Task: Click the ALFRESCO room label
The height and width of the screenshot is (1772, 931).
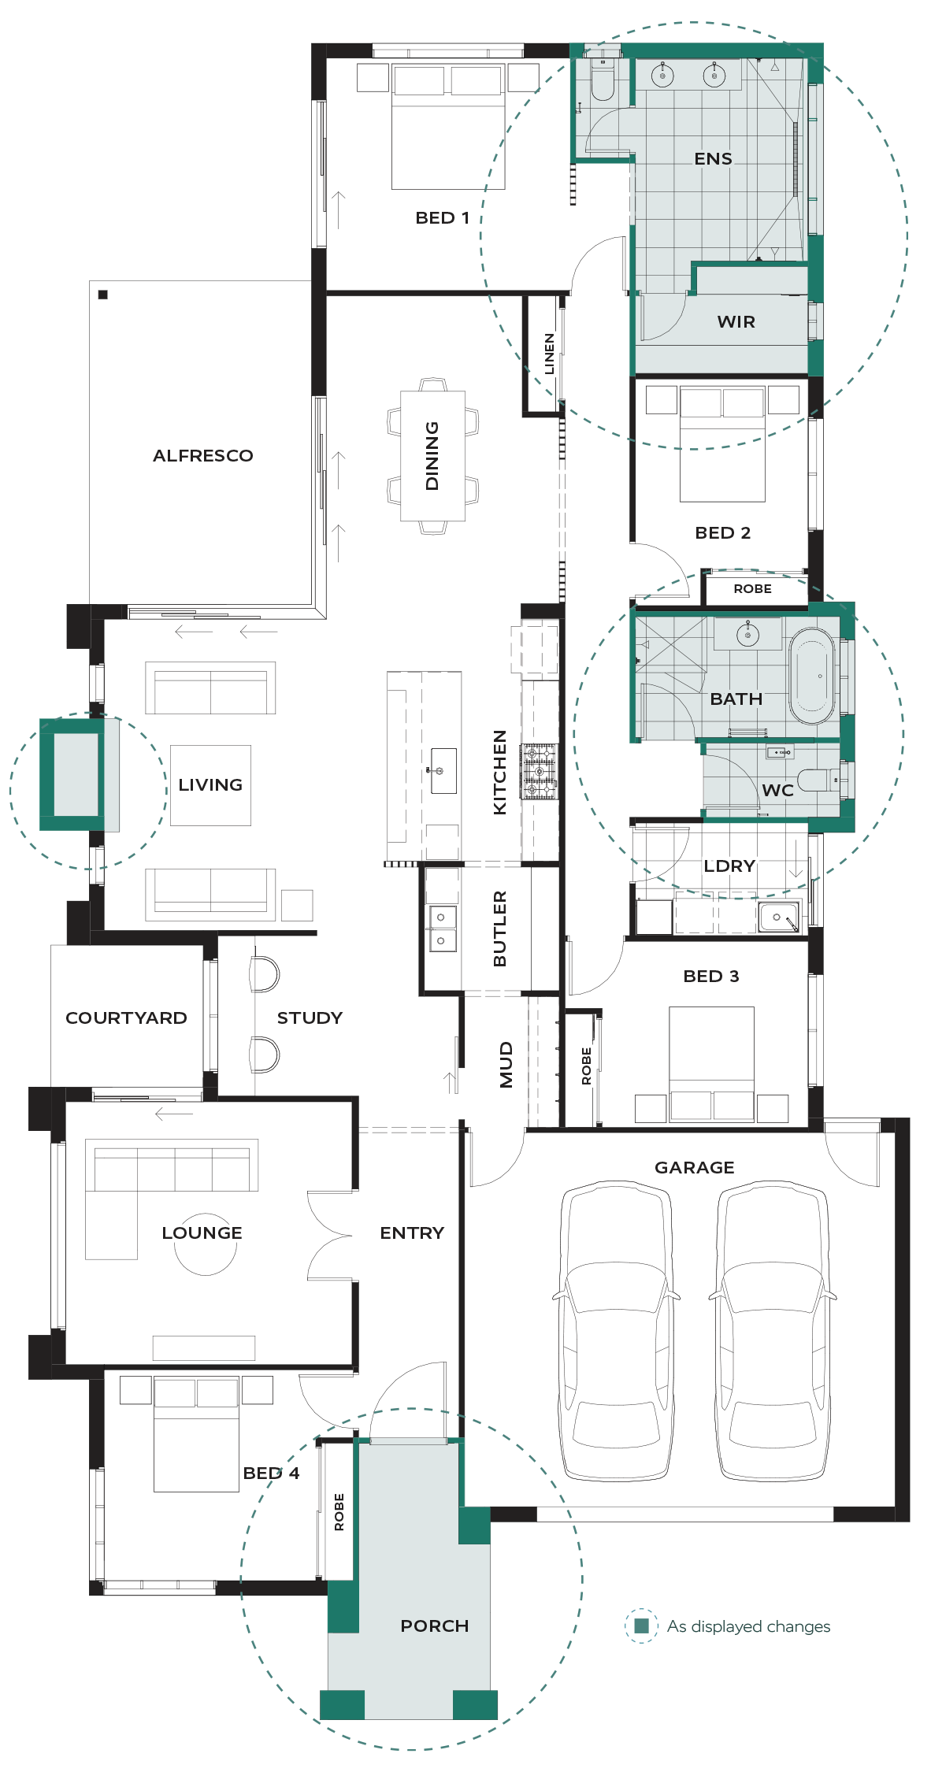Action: tap(203, 455)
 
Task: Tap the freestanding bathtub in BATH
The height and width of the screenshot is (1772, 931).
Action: tap(812, 676)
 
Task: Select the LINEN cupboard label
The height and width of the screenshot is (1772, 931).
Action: tap(549, 354)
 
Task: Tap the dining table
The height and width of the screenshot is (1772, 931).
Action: tap(432, 456)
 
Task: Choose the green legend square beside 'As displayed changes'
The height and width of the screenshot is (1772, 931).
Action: tap(641, 1626)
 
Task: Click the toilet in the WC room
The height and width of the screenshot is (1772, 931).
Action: tap(818, 780)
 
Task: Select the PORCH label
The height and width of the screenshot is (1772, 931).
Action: tap(435, 1626)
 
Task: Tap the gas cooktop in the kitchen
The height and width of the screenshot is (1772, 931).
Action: tap(540, 771)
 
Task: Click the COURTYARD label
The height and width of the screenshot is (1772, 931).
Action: tap(126, 1018)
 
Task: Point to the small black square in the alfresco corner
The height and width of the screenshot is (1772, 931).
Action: tap(102, 295)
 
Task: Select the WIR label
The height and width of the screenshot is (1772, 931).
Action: tap(736, 321)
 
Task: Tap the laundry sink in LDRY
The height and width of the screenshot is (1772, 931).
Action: tap(779, 918)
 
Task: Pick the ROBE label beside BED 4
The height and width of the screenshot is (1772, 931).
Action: tap(339, 1511)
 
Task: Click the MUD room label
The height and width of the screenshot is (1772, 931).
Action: tap(506, 1064)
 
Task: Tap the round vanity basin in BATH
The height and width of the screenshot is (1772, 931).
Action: tap(747, 634)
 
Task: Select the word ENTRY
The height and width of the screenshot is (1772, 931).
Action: tap(412, 1233)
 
